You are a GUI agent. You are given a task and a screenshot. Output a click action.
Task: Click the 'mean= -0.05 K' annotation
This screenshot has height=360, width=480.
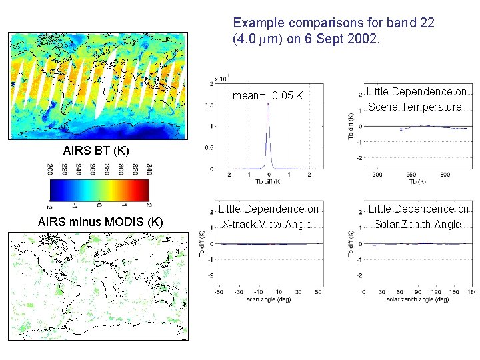(x=267, y=96)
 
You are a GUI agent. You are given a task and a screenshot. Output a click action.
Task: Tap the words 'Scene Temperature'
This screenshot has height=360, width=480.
(x=415, y=107)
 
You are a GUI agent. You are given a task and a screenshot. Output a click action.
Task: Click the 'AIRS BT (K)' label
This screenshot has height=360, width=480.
(x=96, y=150)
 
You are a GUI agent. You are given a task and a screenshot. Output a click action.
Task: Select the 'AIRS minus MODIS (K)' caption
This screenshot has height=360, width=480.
(x=101, y=221)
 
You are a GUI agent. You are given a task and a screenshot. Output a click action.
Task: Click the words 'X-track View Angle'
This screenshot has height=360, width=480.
(x=267, y=224)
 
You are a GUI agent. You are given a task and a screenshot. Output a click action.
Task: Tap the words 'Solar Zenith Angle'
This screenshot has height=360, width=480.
(x=417, y=224)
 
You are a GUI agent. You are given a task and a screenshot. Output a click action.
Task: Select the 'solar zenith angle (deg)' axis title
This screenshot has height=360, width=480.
(x=417, y=299)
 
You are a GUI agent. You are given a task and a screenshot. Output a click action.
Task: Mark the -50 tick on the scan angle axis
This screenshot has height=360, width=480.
(x=218, y=292)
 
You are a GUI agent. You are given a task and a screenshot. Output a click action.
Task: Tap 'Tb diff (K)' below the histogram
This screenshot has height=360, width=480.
(x=268, y=181)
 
